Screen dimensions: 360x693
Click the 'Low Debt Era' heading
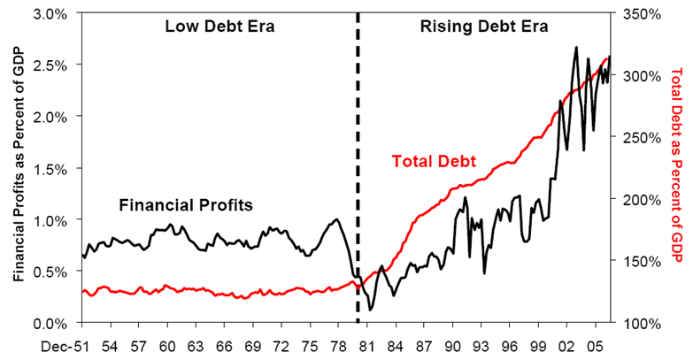point(219,26)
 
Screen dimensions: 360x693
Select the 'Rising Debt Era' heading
point(483,26)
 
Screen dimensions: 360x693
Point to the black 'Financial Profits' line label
point(186,204)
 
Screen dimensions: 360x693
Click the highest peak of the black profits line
point(577,48)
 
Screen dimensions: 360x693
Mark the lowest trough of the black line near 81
point(371,309)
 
